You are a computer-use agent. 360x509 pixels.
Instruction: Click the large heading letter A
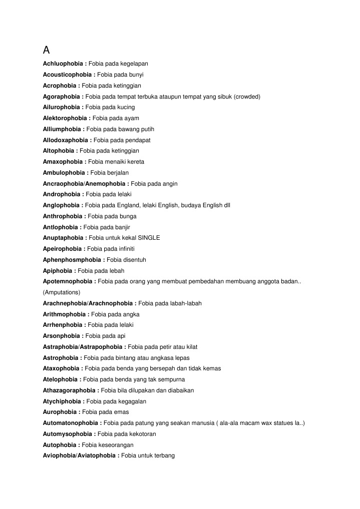pyautogui.click(x=47, y=50)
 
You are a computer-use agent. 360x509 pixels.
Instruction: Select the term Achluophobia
pyautogui.click(x=63, y=64)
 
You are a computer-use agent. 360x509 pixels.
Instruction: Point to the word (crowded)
pyautogui.click(x=247, y=97)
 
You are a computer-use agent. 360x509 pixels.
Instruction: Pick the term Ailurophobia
pyautogui.click(x=61, y=108)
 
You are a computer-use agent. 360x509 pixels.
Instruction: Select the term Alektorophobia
pyautogui.click(x=65, y=119)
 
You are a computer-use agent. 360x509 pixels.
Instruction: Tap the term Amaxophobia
pyautogui.click(x=63, y=162)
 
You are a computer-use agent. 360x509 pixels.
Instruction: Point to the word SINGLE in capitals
pyautogui.click(x=149, y=238)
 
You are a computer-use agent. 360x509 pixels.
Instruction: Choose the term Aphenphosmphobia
pyautogui.click(x=72, y=260)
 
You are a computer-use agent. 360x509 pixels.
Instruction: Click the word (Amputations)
pyautogui.click(x=62, y=292)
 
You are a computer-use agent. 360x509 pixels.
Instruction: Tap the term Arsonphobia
pyautogui.click(x=61, y=336)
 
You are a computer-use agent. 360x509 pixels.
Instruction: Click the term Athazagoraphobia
pyautogui.click(x=69, y=390)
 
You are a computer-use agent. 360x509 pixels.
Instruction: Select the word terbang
pyautogui.click(x=163, y=456)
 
